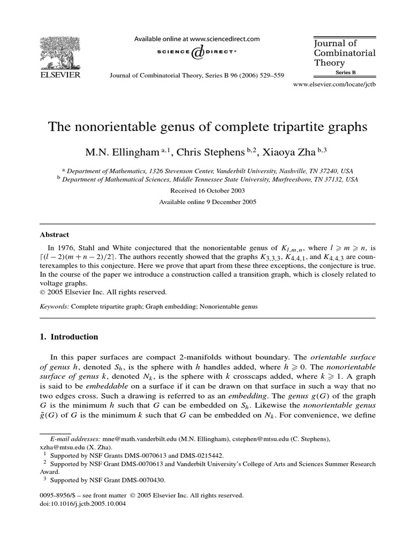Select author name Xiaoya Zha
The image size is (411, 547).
tap(301, 153)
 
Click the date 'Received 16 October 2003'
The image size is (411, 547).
tap(205, 191)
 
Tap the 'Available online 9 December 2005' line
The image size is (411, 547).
tap(205, 202)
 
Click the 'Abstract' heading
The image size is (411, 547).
tap(55, 235)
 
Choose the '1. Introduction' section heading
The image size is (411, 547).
tap(70, 337)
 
